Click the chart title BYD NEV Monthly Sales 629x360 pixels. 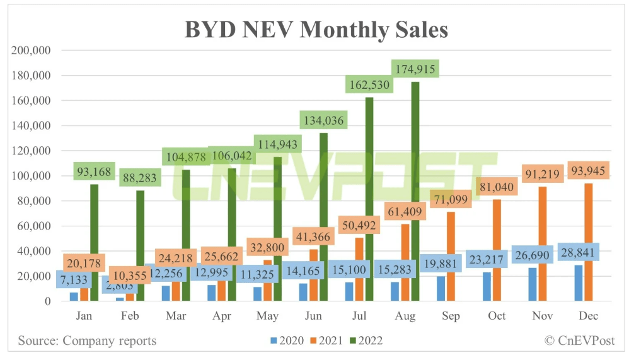pos(316,30)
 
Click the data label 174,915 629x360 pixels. pos(415,67)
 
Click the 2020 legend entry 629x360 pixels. pos(286,341)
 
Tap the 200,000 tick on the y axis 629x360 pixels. pos(31,50)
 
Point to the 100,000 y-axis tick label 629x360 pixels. pos(31,176)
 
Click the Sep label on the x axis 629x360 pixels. pos(451,316)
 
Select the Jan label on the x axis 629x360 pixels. pos(84,316)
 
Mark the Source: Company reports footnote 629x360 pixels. pos(87,341)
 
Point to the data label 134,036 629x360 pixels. pos(323,119)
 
